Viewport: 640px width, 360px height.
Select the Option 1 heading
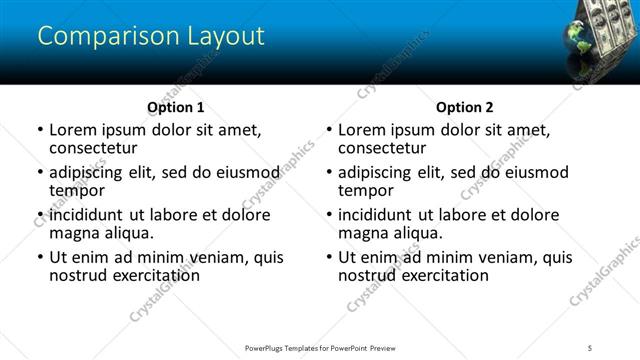[176, 107]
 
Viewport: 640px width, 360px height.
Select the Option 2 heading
[465, 107]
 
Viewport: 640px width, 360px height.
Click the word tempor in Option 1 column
[77, 190]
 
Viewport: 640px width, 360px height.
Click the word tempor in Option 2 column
[366, 190]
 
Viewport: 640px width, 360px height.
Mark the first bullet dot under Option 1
[40, 131]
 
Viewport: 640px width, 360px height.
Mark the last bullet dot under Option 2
[329, 258]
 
